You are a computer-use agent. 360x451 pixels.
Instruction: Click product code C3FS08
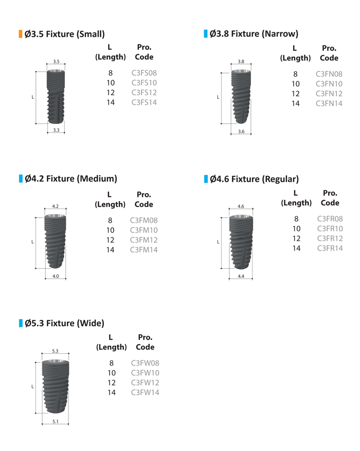[x=144, y=73]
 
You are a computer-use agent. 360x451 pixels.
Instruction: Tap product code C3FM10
[x=145, y=230]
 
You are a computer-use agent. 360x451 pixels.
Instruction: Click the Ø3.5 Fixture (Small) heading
[x=65, y=34]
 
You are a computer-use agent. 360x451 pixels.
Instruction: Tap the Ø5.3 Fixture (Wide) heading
[x=64, y=324]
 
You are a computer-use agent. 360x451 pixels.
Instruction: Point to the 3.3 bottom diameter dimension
[x=56, y=130]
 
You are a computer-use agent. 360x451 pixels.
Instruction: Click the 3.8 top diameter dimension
[x=241, y=61]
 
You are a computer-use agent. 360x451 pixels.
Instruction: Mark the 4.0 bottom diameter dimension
[x=56, y=276]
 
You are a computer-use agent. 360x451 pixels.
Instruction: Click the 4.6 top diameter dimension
[x=241, y=206]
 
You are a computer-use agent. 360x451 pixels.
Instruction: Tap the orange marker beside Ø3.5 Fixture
[x=21, y=34]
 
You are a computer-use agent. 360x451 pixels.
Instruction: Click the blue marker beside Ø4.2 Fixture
[x=21, y=179]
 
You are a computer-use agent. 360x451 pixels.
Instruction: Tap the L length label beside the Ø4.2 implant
[x=33, y=241]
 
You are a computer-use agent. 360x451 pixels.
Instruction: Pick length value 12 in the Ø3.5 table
[x=111, y=93]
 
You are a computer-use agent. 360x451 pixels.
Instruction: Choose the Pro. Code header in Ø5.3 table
[x=145, y=342]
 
